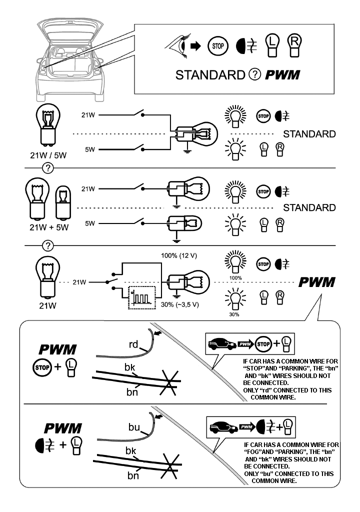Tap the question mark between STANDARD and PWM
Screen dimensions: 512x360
(x=254, y=75)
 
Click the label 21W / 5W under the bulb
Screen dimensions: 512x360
(x=48, y=155)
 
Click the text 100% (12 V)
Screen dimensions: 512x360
(x=178, y=256)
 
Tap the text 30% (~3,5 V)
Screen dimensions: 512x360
(x=178, y=304)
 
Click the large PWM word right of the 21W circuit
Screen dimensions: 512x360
(x=316, y=282)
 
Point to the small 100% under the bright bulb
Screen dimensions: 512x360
(x=236, y=277)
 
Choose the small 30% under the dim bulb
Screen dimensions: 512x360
(x=234, y=315)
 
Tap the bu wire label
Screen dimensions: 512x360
(x=133, y=427)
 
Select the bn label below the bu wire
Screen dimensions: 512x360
(x=133, y=475)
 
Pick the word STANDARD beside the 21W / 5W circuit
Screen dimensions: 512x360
(x=309, y=134)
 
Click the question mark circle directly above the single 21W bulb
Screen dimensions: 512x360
(x=48, y=245)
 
